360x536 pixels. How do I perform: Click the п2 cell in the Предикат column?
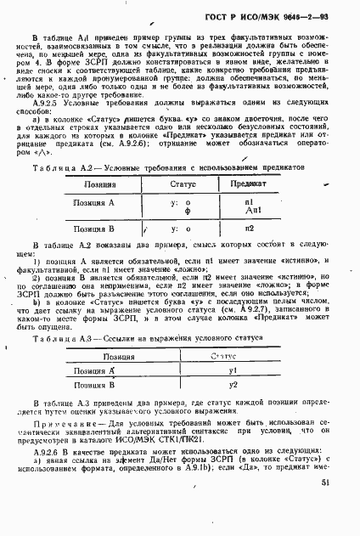tap(249, 229)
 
